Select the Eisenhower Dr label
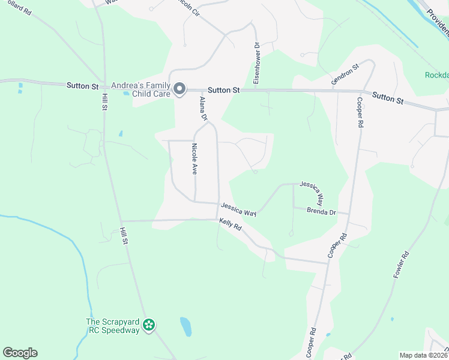pos(256,64)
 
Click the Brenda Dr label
pos(319,211)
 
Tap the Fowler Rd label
pos(401,263)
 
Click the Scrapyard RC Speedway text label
pos(112,326)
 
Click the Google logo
pos(20,353)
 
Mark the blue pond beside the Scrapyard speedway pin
pos(186,326)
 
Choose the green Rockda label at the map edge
pos(436,75)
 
